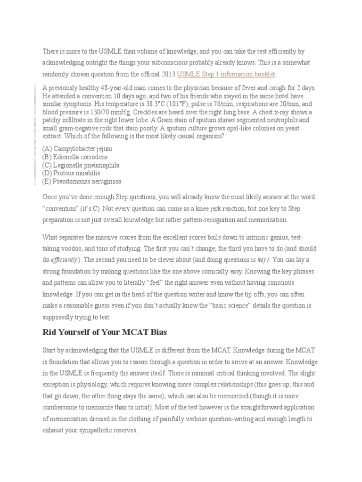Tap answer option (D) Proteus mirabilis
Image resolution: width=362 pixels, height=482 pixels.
(71, 173)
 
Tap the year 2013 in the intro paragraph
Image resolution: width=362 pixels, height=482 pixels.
(167, 74)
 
